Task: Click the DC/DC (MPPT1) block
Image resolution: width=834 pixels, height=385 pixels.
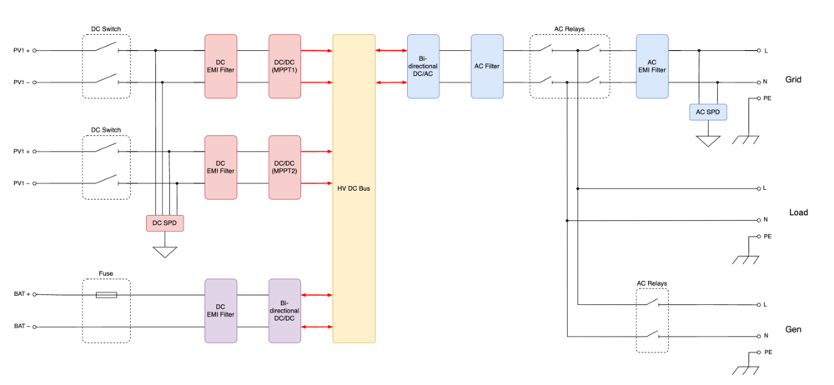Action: (x=284, y=66)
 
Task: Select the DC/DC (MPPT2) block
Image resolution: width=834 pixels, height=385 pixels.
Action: (x=284, y=167)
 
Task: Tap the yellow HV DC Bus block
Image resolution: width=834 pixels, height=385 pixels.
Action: (x=354, y=188)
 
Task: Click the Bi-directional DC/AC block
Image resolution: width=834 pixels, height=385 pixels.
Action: (x=423, y=66)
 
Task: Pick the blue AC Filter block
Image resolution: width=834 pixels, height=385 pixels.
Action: (x=486, y=66)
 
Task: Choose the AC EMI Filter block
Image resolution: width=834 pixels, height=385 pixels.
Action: (x=651, y=66)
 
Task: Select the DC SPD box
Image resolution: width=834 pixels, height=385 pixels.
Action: (x=164, y=223)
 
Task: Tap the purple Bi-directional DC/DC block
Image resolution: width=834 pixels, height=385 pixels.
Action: (x=284, y=310)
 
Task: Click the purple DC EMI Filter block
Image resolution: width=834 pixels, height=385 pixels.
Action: (x=221, y=310)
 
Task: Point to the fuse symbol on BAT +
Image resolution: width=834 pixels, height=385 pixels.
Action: (x=106, y=295)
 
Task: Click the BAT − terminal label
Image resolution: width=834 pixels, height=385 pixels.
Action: (x=21, y=327)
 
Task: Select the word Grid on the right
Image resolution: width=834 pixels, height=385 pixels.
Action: (x=793, y=81)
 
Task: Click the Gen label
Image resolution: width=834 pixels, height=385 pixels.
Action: (x=793, y=330)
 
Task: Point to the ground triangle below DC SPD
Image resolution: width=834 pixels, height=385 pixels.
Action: (x=165, y=251)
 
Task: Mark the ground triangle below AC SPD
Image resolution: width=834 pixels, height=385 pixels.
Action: (x=707, y=142)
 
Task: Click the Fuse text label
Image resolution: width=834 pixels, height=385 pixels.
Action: (x=106, y=273)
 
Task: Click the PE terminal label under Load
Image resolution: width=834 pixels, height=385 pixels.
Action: (x=766, y=237)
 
